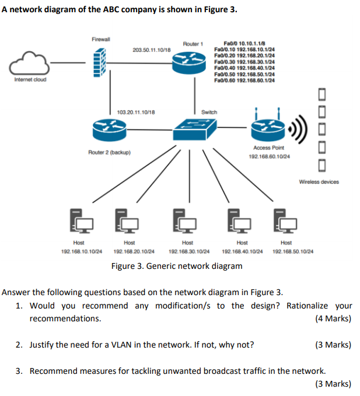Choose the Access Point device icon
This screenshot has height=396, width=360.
pyautogui.click(x=269, y=129)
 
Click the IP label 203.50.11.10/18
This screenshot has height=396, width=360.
pyautogui.click(x=151, y=51)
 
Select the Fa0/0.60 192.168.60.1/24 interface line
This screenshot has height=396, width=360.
pyautogui.click(x=245, y=80)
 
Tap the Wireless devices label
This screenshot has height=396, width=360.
pyautogui.click(x=319, y=182)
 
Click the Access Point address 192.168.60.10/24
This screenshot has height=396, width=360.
pyautogui.click(x=269, y=156)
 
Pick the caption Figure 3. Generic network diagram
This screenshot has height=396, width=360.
pyautogui.click(x=176, y=267)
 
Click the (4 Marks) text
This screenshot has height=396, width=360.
pyautogui.click(x=333, y=318)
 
